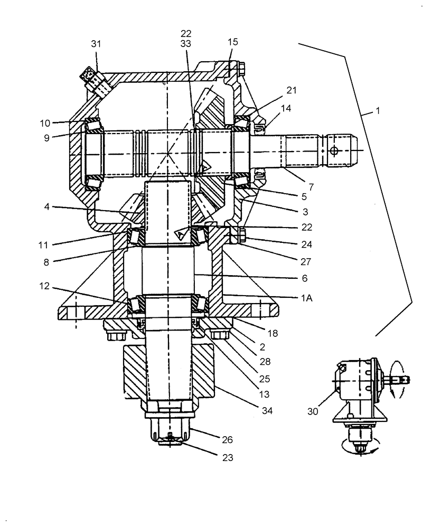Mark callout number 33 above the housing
pyautogui.click(x=185, y=45)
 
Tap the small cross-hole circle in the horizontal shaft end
pyautogui.click(x=333, y=152)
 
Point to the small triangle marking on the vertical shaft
pyautogui.click(x=182, y=232)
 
